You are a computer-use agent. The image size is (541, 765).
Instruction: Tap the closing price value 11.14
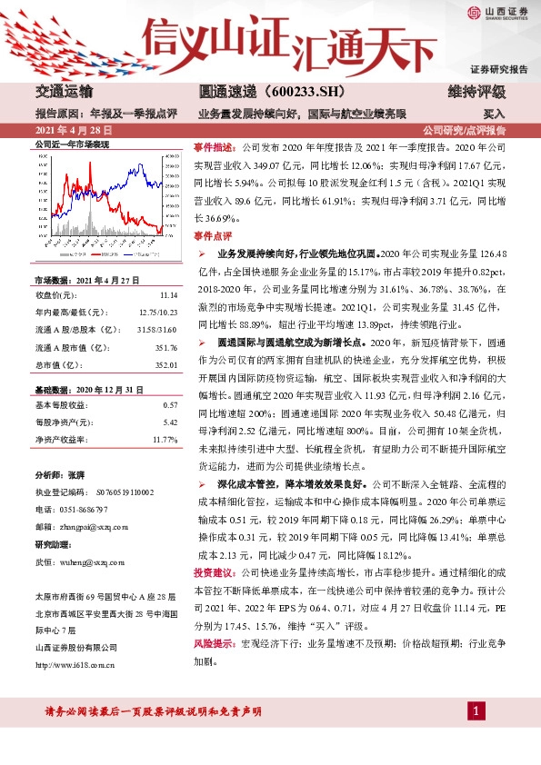click(x=166, y=295)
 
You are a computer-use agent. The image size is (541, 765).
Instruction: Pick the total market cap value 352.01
click(x=164, y=364)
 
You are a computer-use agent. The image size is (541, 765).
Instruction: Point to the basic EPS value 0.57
click(x=169, y=404)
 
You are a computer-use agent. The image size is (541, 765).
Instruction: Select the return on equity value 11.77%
click(x=164, y=439)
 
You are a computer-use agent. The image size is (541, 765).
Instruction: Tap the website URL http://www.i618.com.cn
click(x=74, y=665)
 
